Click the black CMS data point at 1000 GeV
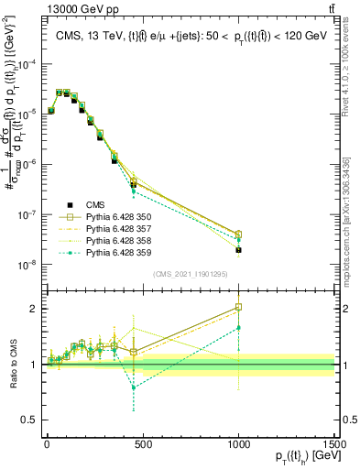(x=238, y=249)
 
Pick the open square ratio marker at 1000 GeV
(x=238, y=308)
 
